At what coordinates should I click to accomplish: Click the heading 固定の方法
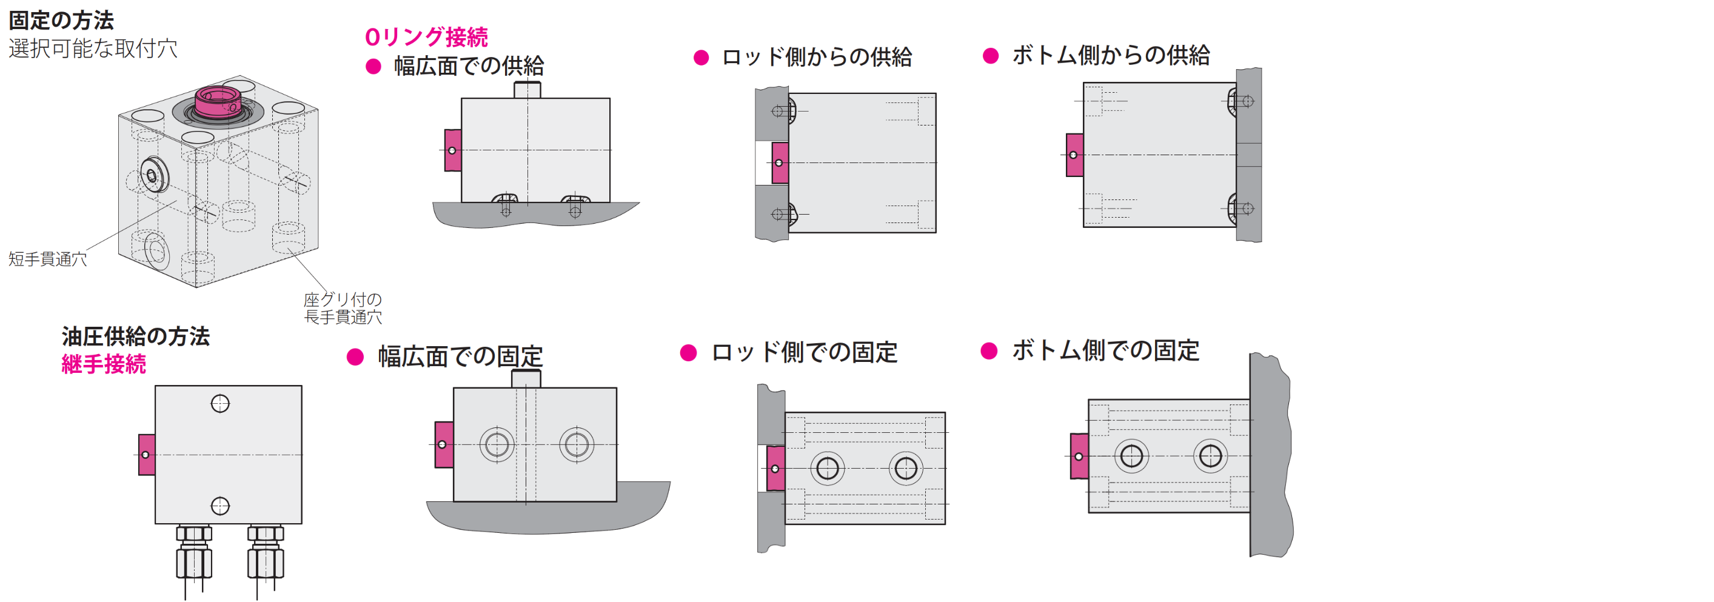pyautogui.click(x=61, y=21)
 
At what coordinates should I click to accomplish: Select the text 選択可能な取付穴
pyautogui.click(x=93, y=48)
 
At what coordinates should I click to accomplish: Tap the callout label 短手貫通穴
pyautogui.click(x=47, y=259)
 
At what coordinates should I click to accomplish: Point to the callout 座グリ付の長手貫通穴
pyautogui.click(x=343, y=308)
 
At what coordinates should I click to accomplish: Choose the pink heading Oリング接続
pyautogui.click(x=426, y=37)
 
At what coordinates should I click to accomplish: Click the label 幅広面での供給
pyautogui.click(x=469, y=66)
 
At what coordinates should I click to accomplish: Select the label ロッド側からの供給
pyautogui.click(x=817, y=57)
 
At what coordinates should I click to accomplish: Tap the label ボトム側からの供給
pyautogui.click(x=1111, y=55)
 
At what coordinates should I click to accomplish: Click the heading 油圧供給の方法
pyautogui.click(x=136, y=336)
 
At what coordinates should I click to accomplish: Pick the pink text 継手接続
pyautogui.click(x=104, y=364)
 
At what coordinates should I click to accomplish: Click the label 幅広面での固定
pyautogui.click(x=460, y=356)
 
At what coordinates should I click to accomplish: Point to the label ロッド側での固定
pyautogui.click(x=804, y=353)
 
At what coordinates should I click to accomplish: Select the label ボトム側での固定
pyautogui.click(x=1105, y=350)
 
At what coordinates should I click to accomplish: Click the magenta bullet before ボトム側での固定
pyautogui.click(x=989, y=350)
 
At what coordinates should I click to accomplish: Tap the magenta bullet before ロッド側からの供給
pyautogui.click(x=701, y=57)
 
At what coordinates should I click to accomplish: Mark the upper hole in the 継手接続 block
pyautogui.click(x=219, y=404)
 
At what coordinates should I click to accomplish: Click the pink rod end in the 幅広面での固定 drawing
pyautogui.click(x=444, y=444)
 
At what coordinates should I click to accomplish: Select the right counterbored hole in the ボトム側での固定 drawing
pyautogui.click(x=1210, y=457)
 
